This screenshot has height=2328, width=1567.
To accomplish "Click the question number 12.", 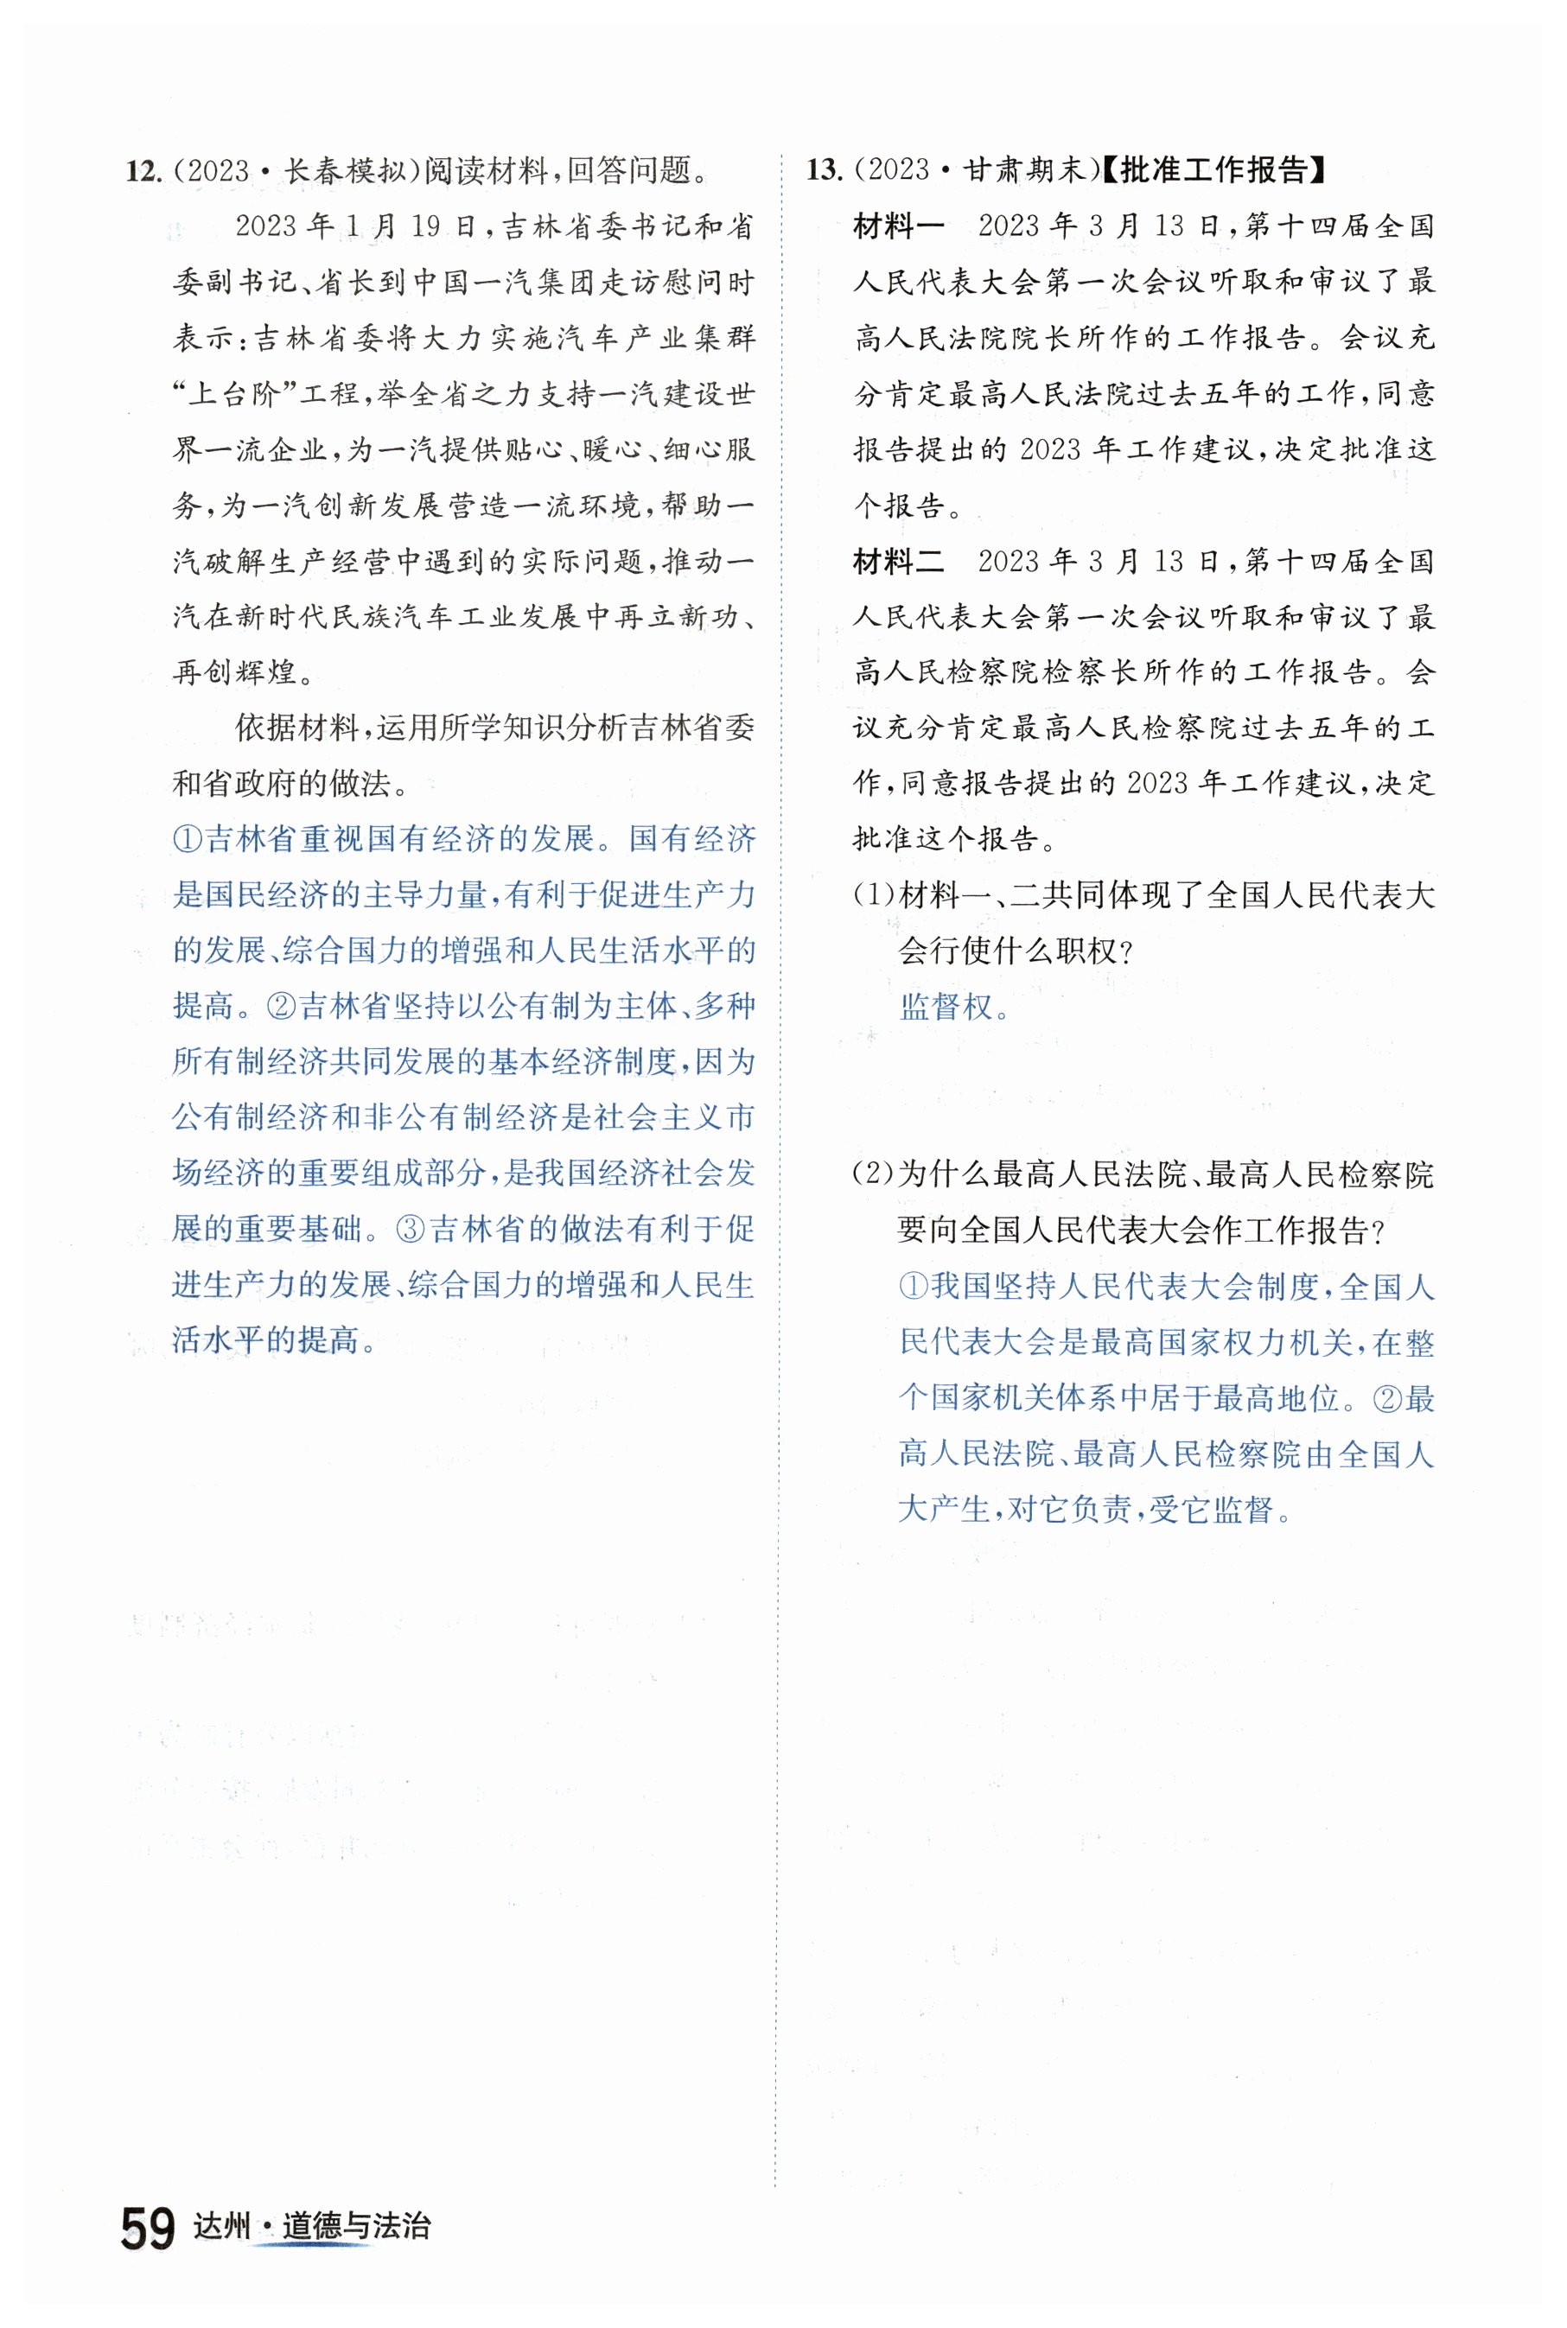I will [143, 171].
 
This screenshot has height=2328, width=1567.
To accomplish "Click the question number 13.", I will [825, 170].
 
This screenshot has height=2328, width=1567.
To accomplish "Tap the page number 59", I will [148, 2229].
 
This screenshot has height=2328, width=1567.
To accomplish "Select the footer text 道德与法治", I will [356, 2227].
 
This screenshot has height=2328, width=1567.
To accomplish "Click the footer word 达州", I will [221, 2227].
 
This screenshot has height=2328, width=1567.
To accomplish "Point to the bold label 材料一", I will [898, 226].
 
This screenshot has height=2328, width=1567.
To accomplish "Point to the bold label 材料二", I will [898, 562].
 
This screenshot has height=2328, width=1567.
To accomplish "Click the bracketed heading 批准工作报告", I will [1213, 170].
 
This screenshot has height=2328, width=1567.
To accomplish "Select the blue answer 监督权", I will [946, 1006].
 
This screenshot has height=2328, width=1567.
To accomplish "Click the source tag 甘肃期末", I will [1024, 170].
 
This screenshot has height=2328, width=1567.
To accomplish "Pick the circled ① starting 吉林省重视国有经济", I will [188, 839].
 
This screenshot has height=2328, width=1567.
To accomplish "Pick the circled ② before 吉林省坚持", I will [282, 1006].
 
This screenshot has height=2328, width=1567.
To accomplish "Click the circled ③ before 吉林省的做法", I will [411, 1229].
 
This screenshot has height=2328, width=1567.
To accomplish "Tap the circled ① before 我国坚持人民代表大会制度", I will [914, 1286].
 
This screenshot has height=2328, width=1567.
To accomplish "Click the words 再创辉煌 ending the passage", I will [236, 672].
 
